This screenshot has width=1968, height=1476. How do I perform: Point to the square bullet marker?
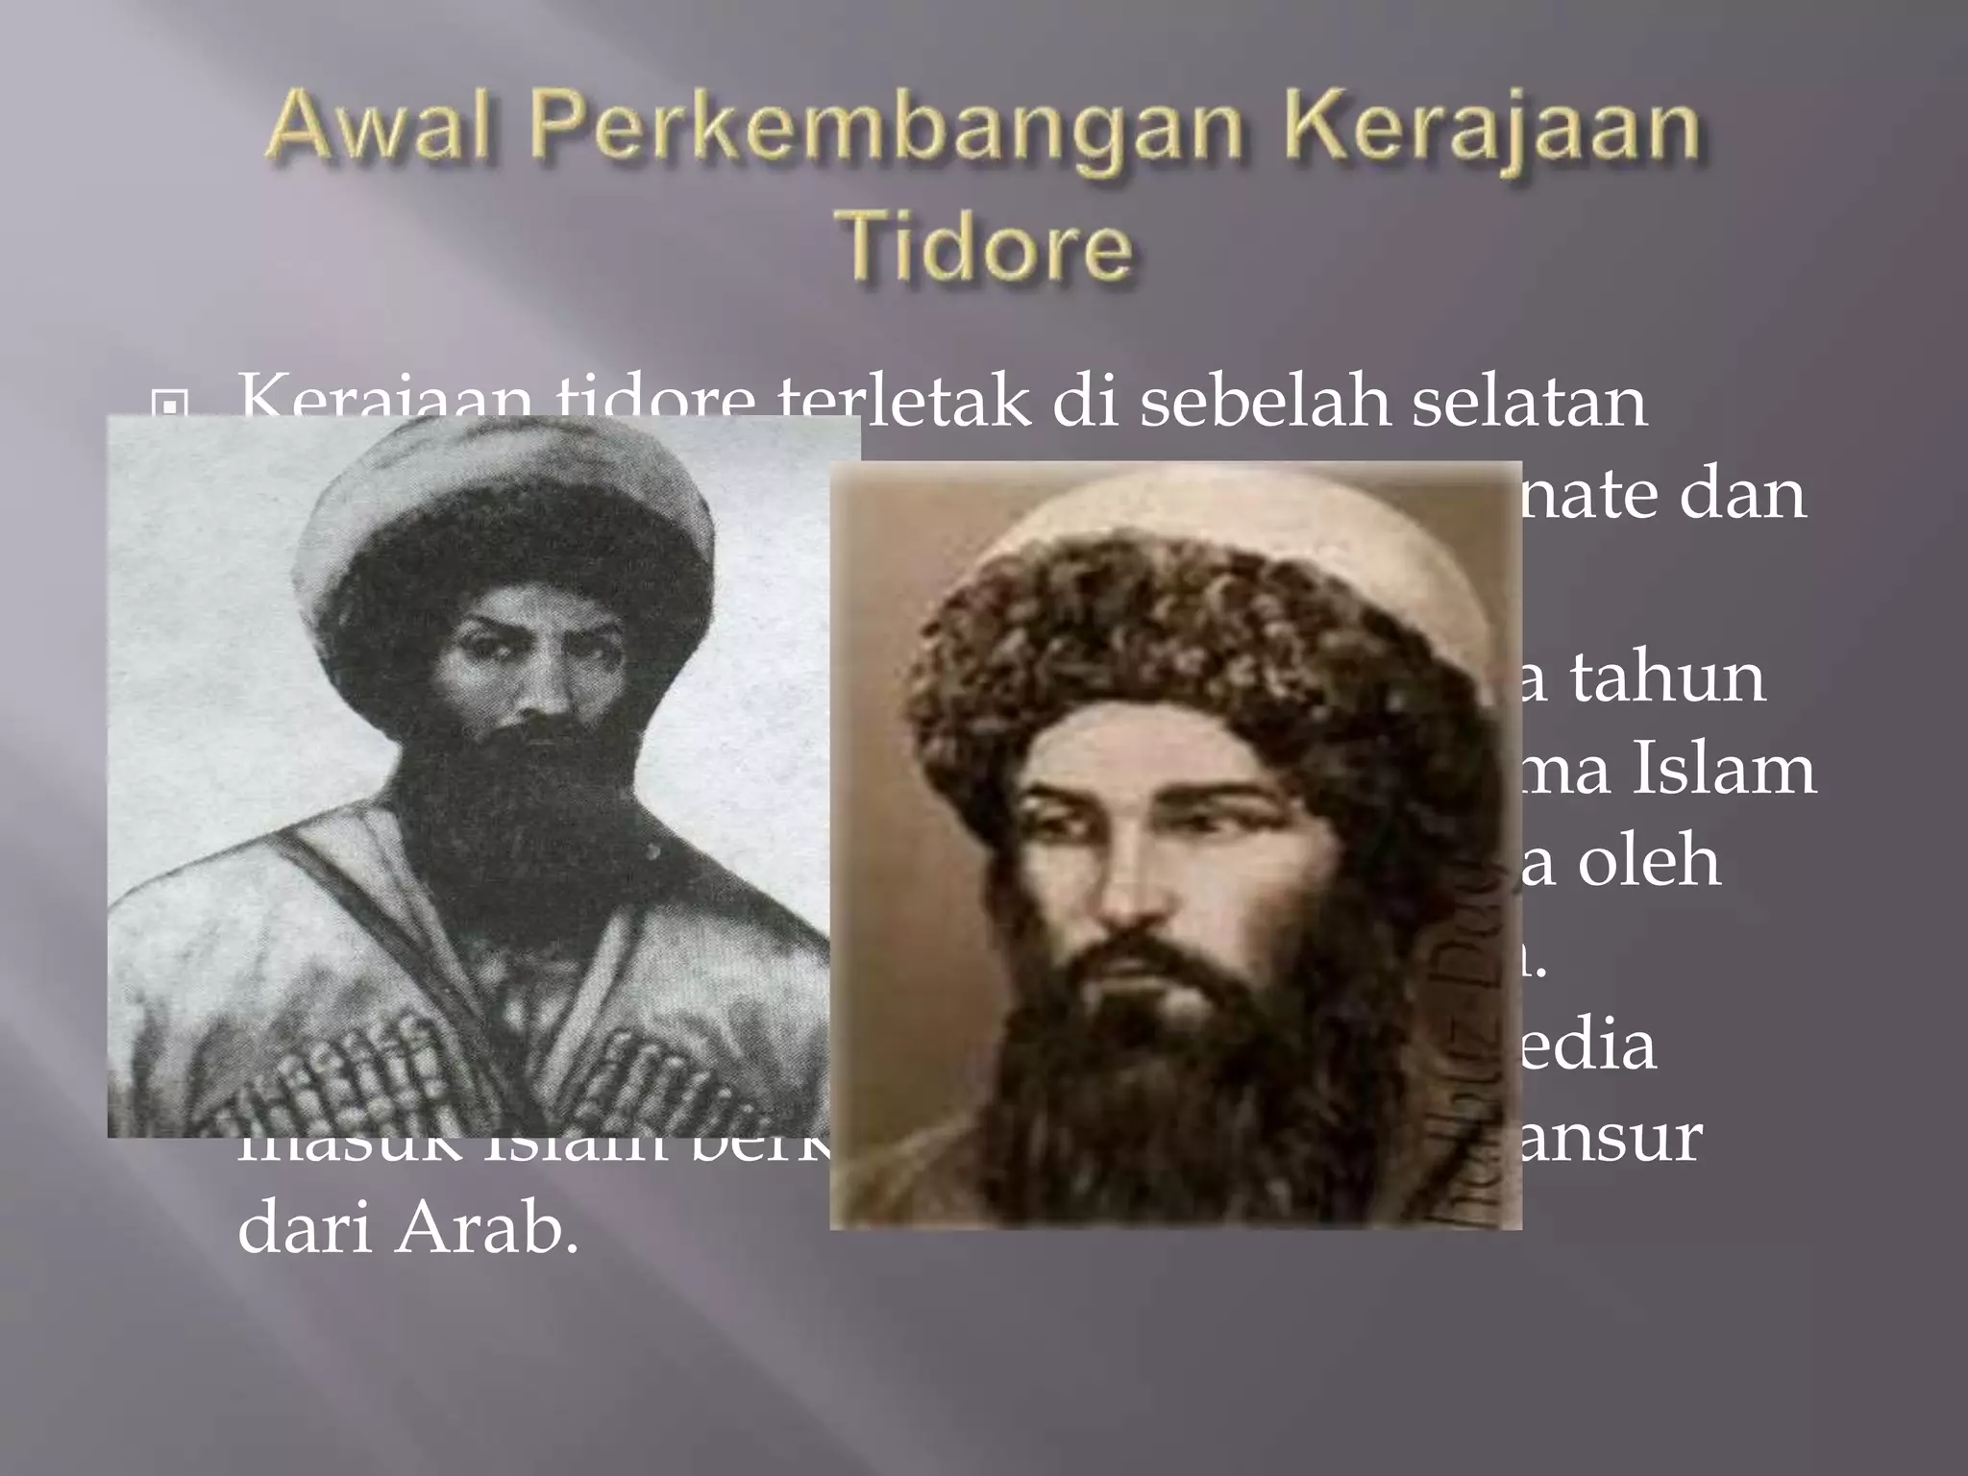170,408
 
